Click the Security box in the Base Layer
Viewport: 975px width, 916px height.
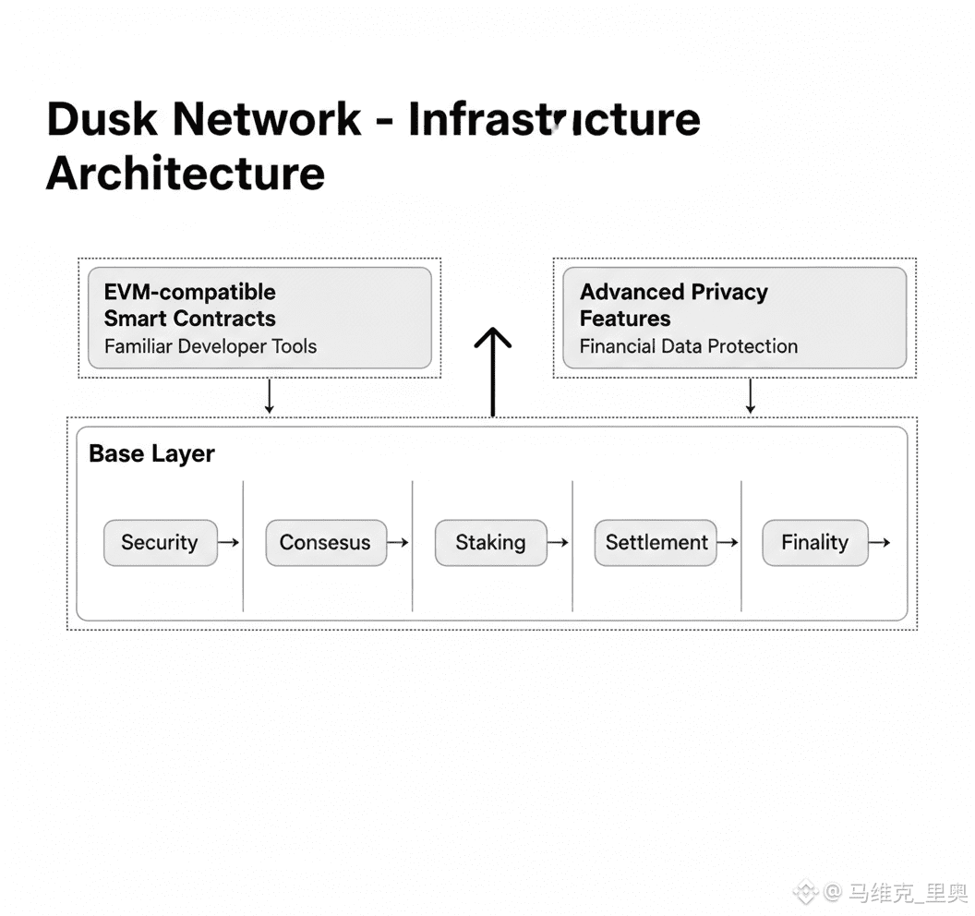pos(160,542)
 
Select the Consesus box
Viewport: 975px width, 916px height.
pos(325,542)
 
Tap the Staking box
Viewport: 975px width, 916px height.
pos(490,542)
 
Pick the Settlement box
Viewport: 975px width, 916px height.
pos(656,542)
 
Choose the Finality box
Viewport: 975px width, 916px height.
pos(814,542)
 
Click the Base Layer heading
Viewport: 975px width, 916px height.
pos(151,453)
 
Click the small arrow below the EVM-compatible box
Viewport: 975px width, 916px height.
pos(269,396)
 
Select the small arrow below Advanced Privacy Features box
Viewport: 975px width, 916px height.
pos(750,396)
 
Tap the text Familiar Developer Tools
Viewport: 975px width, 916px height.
pos(211,346)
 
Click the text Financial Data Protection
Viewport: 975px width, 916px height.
pos(689,346)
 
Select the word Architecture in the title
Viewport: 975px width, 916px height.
pos(186,173)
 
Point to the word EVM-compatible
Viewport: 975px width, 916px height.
pos(189,292)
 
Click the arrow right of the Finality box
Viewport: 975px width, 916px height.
pos(880,542)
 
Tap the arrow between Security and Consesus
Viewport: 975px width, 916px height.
pos(228,542)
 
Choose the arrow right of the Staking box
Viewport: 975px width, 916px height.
pos(558,542)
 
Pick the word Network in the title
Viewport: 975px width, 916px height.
pos(267,119)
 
